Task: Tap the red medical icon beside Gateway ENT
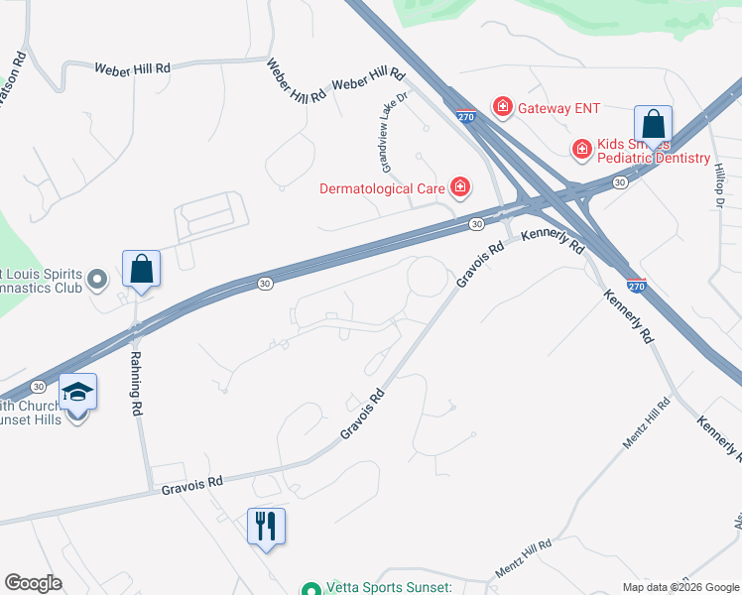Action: point(503,106)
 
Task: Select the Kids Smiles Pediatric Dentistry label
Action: point(655,151)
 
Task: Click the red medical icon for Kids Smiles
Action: point(582,149)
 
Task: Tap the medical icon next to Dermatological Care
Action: point(459,186)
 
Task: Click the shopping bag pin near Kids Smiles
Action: point(653,125)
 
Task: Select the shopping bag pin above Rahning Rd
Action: point(141,270)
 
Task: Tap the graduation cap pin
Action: point(77,394)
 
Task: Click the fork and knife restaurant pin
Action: point(266,526)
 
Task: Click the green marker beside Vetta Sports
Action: point(310,589)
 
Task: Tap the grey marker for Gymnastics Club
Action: point(96,281)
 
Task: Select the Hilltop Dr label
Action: point(719,185)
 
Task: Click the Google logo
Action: point(33,583)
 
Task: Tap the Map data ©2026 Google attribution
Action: point(680,587)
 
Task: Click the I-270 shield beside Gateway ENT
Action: point(467,117)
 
